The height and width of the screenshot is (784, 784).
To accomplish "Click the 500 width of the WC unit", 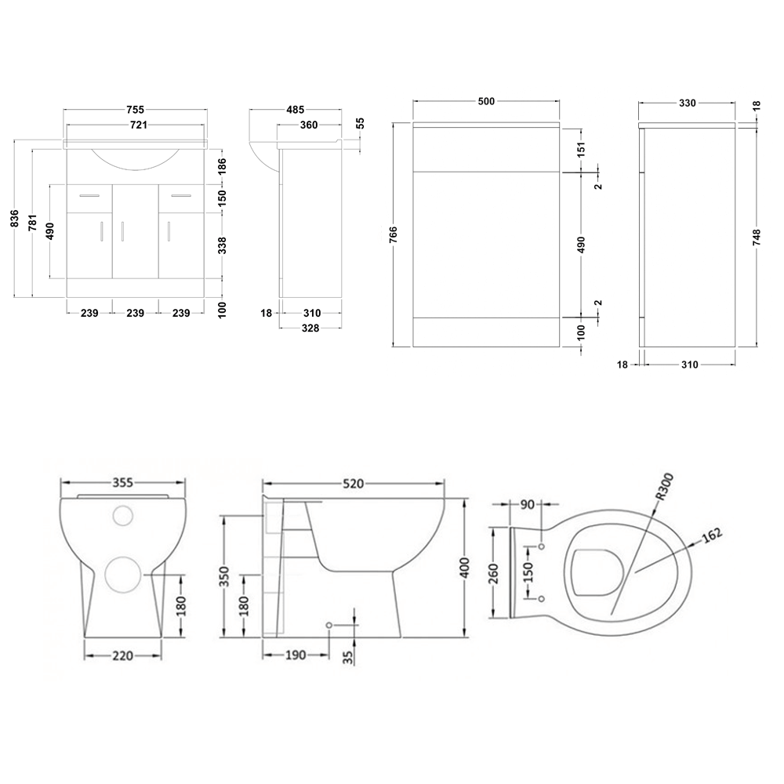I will [485, 102].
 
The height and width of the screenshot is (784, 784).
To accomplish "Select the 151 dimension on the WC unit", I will [581, 150].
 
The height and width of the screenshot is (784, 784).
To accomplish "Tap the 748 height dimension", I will [756, 238].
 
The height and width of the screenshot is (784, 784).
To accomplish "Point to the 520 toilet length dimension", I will [352, 484].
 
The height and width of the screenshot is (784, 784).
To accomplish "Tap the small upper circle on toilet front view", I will [124, 516].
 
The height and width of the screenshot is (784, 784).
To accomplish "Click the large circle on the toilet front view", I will [122, 575].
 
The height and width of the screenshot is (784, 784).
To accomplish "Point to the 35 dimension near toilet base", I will [347, 650].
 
